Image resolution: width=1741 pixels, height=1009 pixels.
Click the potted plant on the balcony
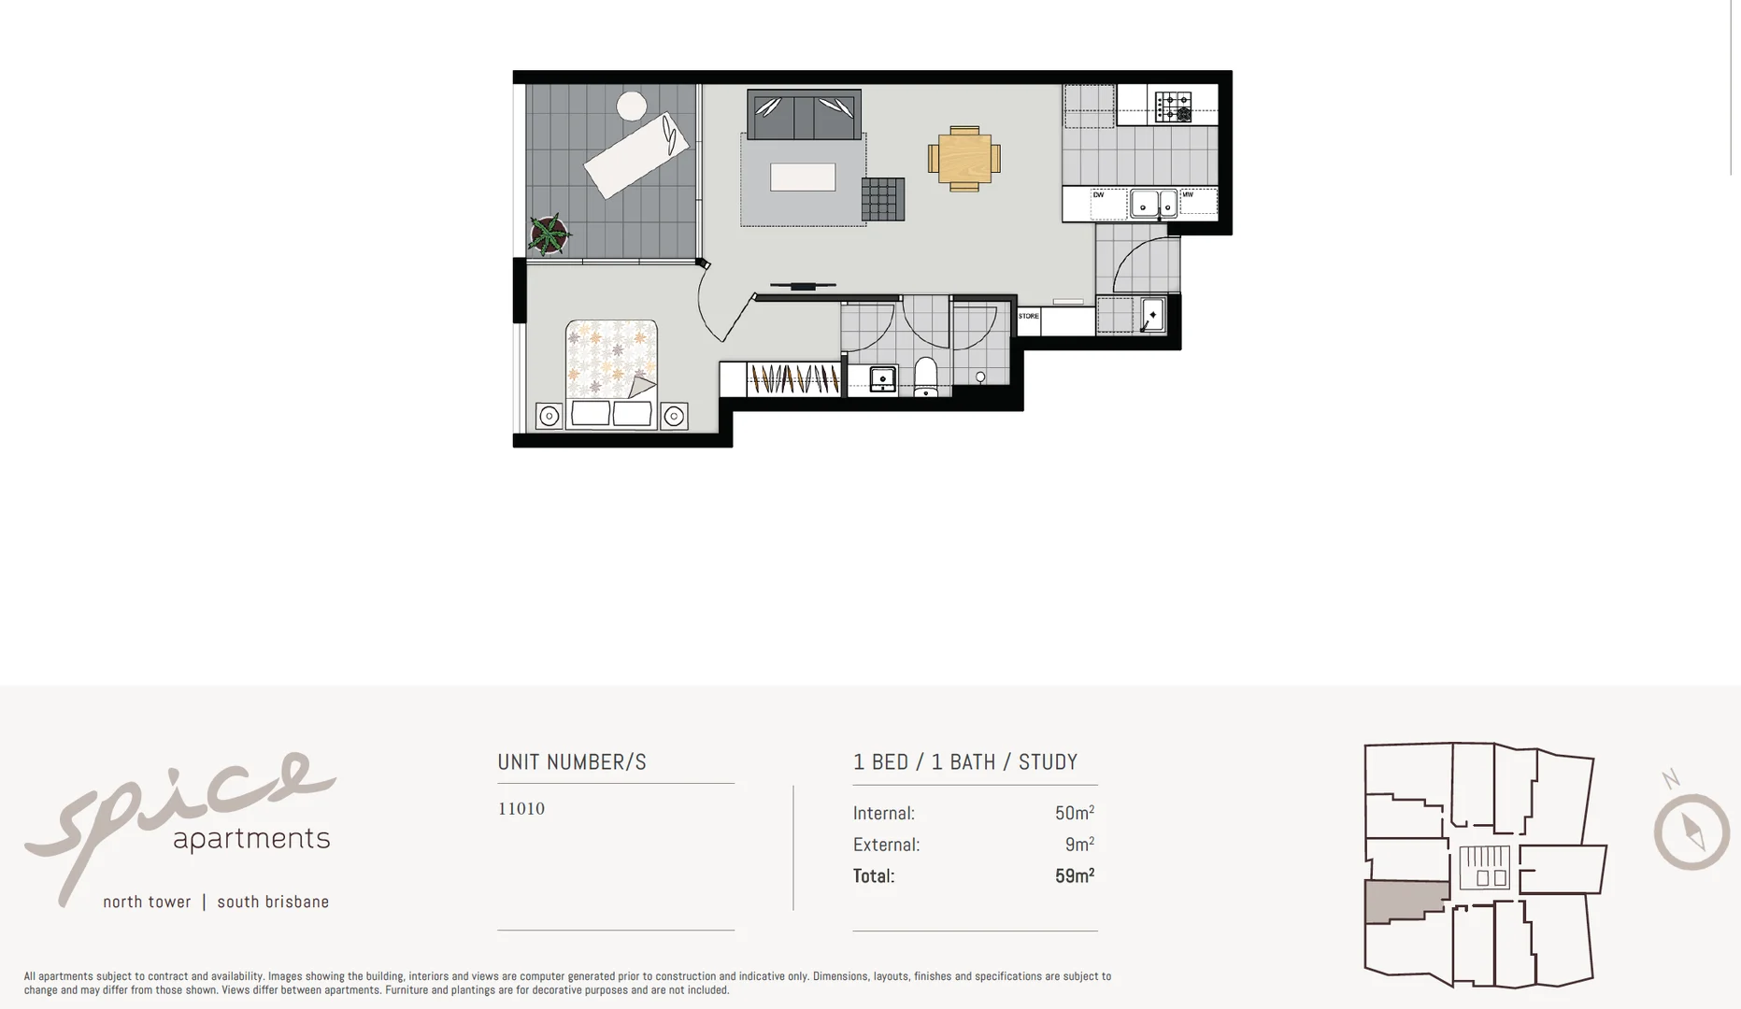pos(549,234)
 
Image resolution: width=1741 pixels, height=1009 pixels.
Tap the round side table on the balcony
pos(632,106)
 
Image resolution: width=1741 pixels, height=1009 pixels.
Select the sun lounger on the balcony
pos(636,155)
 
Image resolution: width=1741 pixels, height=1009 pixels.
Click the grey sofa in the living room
pos(804,114)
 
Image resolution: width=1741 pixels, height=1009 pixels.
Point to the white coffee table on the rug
pos(803,177)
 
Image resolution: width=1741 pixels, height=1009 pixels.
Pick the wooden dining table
pos(964,159)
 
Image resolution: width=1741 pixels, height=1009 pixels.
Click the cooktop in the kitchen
pos(1173,107)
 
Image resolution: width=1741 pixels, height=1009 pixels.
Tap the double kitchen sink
pos(1153,203)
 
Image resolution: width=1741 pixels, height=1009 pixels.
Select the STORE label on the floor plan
pos(1029,317)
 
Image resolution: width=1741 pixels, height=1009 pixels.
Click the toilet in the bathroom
pos(925,377)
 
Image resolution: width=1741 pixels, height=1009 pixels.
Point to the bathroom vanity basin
pos(882,378)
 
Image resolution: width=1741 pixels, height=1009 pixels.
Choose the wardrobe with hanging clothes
pos(793,379)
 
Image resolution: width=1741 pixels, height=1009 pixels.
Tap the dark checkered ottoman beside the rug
pos(883,199)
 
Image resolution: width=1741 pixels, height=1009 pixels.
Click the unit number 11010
pos(521,809)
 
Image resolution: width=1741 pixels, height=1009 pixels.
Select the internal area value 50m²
pos(1074,813)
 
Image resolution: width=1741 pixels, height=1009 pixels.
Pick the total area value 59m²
pos(1074,876)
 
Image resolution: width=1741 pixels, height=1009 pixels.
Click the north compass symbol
pos(1691,831)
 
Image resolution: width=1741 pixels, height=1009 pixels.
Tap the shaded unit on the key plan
pos(1405,901)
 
